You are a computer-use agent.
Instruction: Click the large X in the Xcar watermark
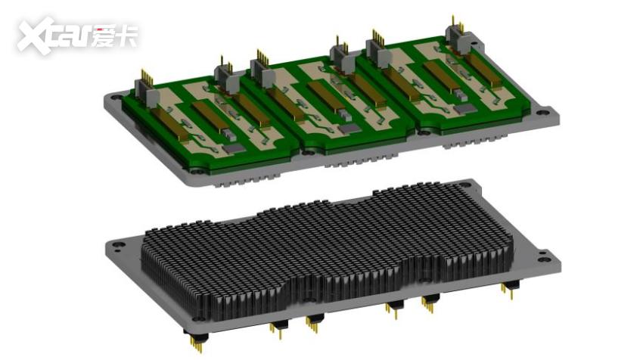point(36,35)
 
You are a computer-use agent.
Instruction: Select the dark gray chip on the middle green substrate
point(349,129)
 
